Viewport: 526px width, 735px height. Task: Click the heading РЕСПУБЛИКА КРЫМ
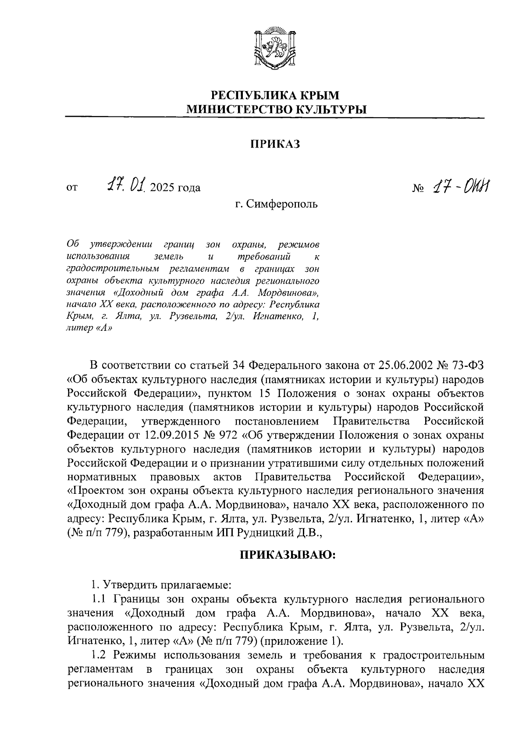(275, 94)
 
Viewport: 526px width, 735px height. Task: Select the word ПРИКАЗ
(275, 144)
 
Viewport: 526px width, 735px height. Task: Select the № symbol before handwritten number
(419, 189)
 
